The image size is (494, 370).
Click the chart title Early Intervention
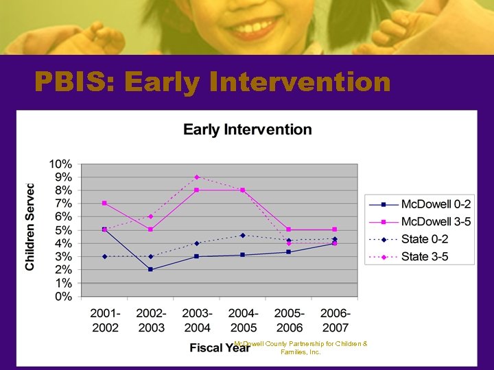coord(247,129)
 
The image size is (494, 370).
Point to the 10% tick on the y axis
coord(60,164)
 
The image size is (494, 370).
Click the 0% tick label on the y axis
coord(62,297)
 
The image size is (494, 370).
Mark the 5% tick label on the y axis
coord(62,230)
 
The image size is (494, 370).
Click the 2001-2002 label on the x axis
coord(104,320)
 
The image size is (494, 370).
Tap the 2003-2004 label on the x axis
coord(196,320)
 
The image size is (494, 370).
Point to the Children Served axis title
coord(31,227)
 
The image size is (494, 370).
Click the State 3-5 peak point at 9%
coord(196,177)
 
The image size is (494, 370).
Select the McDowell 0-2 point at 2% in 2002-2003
coord(150,269)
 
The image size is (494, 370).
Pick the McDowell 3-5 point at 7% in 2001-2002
coord(104,203)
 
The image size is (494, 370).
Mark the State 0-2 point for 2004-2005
coord(242,235)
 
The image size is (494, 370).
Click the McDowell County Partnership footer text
coord(301,347)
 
